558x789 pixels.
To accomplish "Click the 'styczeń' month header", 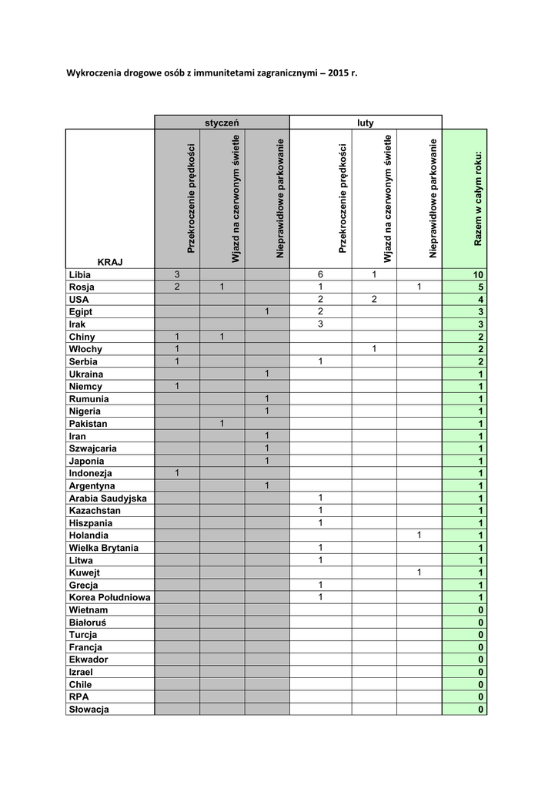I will point(222,123).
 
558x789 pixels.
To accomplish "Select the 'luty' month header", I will point(365,123).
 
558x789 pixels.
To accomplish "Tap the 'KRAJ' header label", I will point(110,262).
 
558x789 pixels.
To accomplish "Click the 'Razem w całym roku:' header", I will point(478,198).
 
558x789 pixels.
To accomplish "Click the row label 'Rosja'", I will point(81,287).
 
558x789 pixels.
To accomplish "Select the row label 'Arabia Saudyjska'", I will point(107,498).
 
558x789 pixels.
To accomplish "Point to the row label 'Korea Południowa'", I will point(109,597).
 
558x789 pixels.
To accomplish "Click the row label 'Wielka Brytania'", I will point(104,548).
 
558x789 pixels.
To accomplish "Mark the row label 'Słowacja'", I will point(89,710).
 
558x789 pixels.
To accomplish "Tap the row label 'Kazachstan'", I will point(95,510).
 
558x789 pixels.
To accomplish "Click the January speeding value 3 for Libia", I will point(176,275).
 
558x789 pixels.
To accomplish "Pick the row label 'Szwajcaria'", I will point(95,448).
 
